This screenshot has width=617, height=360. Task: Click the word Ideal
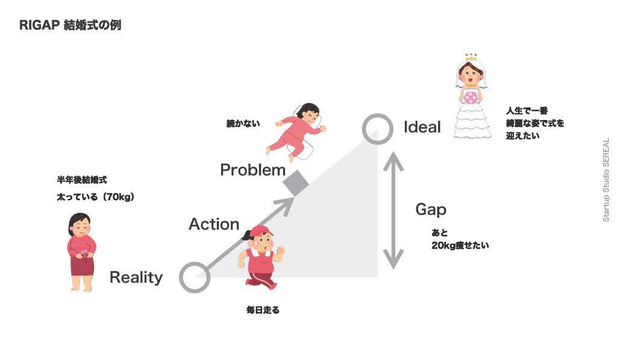tap(422, 128)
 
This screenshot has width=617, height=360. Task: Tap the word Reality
tap(136, 277)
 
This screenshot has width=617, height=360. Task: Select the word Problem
tap(252, 170)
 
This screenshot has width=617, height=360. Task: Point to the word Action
tap(214, 224)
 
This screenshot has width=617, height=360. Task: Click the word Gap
tap(431, 209)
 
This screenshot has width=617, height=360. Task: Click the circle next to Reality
tap(194, 278)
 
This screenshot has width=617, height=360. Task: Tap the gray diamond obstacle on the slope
tap(296, 183)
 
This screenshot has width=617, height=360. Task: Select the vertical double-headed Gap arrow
tap(393, 210)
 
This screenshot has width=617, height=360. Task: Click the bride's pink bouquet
tap(470, 96)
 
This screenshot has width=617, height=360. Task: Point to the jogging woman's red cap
tap(260, 232)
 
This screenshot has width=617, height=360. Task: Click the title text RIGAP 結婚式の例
tap(70, 26)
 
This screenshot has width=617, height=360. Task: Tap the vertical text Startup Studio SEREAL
tap(606, 180)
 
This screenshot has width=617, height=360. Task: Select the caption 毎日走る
tap(263, 310)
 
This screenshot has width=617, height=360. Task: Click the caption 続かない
tap(243, 124)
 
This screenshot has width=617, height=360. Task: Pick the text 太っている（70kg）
tap(95, 197)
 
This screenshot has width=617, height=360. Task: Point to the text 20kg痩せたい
tap(460, 245)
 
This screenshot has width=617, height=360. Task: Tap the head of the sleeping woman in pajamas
tap(308, 112)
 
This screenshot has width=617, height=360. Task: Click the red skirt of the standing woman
tap(82, 265)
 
